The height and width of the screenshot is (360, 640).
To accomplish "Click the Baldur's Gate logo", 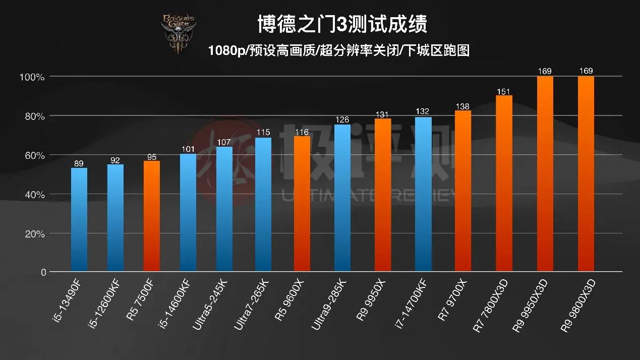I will click(x=178, y=33).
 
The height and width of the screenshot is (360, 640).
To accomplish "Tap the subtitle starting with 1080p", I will click(x=338, y=50).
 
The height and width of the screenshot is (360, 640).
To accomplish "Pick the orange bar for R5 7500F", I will click(x=152, y=217).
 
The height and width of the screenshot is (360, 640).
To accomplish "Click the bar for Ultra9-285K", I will click(x=342, y=198).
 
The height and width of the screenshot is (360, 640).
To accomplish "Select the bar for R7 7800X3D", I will click(x=504, y=184).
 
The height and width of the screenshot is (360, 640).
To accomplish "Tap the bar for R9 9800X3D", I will click(x=586, y=174).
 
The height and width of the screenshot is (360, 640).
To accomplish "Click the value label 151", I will click(x=504, y=91).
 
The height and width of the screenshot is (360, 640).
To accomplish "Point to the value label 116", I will click(x=302, y=132).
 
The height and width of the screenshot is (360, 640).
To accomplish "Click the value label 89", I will click(x=79, y=163).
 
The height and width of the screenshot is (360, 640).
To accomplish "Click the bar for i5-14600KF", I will click(x=188, y=213).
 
